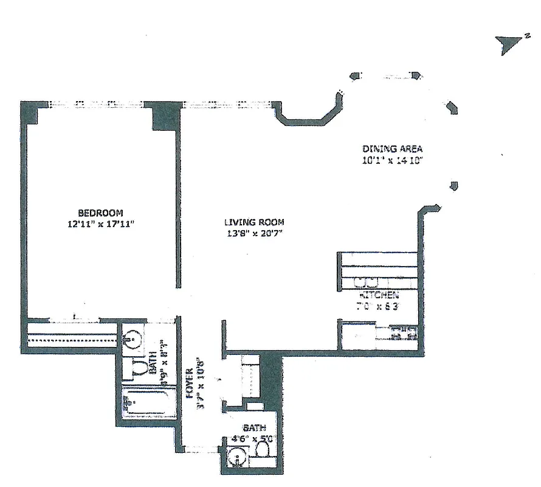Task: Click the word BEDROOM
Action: [x=100, y=213]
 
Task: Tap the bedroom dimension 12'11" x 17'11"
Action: [x=100, y=223]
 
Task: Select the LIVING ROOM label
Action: [x=253, y=222]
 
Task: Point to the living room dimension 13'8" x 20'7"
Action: [x=253, y=233]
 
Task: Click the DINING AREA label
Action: [x=392, y=149]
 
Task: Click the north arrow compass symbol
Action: [x=507, y=45]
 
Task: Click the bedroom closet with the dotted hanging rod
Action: [x=71, y=337]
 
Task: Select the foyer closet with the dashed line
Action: [x=250, y=377]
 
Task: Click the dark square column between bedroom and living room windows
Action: [x=165, y=116]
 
